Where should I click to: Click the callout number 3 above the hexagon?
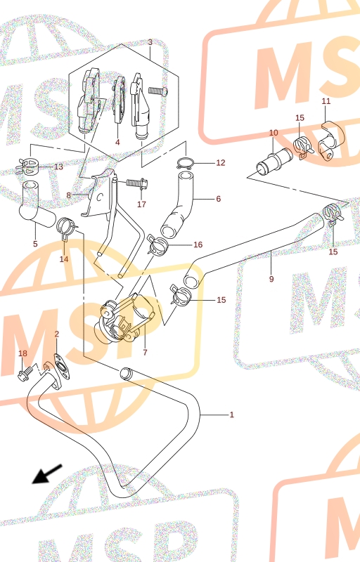[x=150, y=42]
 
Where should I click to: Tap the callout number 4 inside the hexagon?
[x=117, y=143]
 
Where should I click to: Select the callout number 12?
[x=221, y=163]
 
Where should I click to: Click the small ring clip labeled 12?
[x=185, y=163]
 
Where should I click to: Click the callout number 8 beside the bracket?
[x=69, y=196]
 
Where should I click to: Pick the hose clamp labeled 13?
[x=27, y=166]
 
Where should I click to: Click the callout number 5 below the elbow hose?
[x=35, y=244]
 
